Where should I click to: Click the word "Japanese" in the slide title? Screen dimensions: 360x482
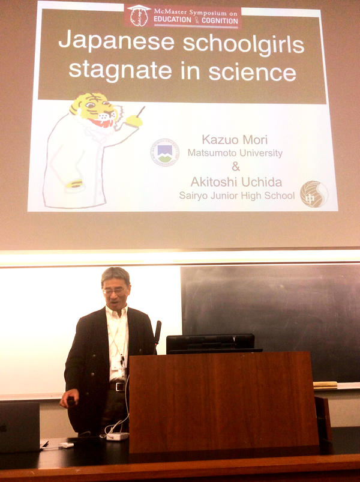[x=116, y=41]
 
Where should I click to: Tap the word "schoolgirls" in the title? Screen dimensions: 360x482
[x=243, y=43]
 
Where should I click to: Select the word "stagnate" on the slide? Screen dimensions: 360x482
[x=120, y=71]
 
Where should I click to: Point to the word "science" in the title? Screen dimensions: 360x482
[x=252, y=73]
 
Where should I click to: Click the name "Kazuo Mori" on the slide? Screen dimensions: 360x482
[x=235, y=140]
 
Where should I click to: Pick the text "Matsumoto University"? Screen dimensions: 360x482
[x=235, y=153]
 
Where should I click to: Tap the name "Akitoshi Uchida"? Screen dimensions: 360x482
[x=236, y=182]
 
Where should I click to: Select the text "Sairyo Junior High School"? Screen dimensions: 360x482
[x=236, y=196]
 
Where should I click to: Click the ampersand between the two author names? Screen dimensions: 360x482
[x=236, y=167]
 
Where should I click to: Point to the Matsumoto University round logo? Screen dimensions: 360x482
[x=165, y=152]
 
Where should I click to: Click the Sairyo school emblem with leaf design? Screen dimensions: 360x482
[x=314, y=194]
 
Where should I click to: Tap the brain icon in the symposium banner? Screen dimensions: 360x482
[x=139, y=16]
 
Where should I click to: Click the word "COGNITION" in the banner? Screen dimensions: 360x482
[x=220, y=21]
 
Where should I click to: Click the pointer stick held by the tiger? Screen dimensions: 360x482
[x=140, y=111]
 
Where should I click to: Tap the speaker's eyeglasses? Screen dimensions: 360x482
[x=115, y=291]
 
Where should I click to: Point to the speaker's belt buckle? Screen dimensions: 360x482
[x=119, y=387]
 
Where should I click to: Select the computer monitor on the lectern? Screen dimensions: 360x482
[x=211, y=343]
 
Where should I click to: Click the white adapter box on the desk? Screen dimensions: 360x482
[x=118, y=436]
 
